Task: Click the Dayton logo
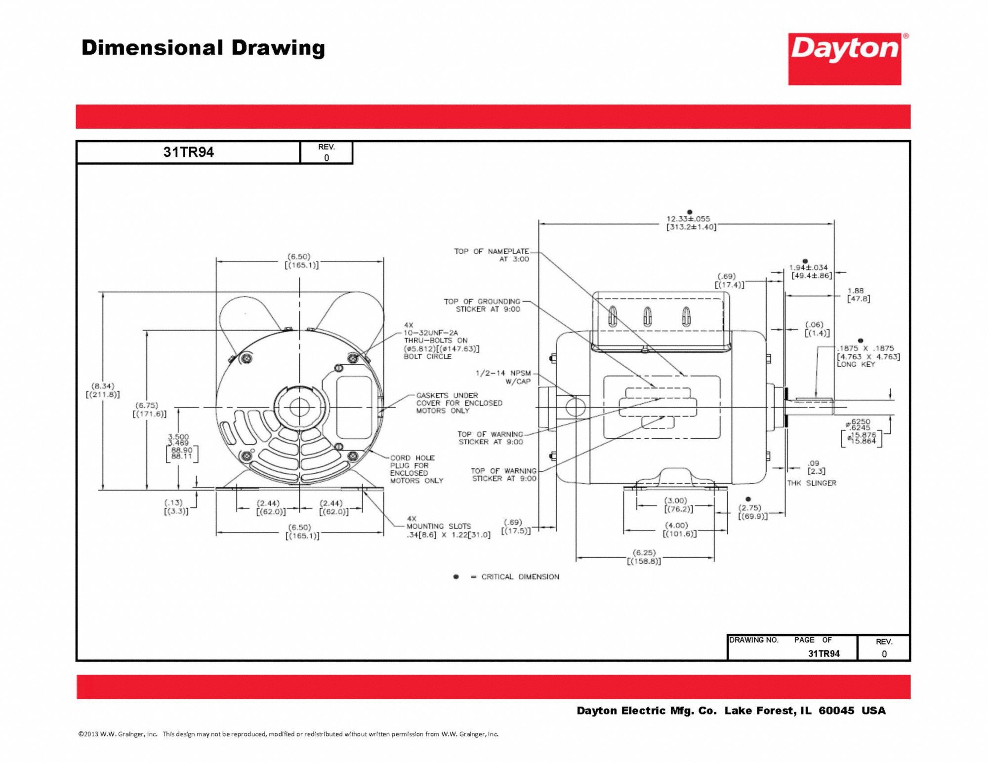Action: (x=845, y=59)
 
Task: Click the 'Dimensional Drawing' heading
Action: (x=203, y=48)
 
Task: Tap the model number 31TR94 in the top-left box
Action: (x=188, y=152)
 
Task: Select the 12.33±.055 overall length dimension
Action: (x=688, y=219)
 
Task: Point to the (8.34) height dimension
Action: (x=103, y=390)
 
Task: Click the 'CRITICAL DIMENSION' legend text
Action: (x=520, y=576)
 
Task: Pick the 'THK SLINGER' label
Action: (x=812, y=483)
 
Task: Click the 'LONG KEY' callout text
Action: (x=856, y=364)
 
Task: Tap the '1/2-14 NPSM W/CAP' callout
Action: (x=503, y=377)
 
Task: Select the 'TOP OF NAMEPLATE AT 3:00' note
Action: (x=492, y=255)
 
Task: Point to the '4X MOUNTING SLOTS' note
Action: (x=438, y=526)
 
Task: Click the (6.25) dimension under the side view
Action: (x=644, y=557)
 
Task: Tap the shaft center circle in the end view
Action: (x=299, y=408)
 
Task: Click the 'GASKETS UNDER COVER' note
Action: (x=459, y=403)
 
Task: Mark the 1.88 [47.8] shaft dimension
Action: (x=859, y=295)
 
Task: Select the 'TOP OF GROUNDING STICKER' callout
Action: (x=482, y=305)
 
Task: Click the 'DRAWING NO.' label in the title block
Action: (x=754, y=640)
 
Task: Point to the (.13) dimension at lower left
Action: (x=176, y=507)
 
